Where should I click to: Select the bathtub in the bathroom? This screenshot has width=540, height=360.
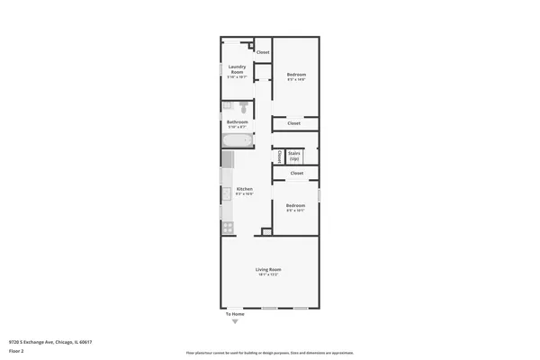pyautogui.click(x=238, y=139)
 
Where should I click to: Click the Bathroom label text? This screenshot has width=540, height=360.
pyautogui.click(x=238, y=121)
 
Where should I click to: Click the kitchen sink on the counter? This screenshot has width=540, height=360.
pyautogui.click(x=227, y=192)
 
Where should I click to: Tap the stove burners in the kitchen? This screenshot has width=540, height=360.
pyautogui.click(x=228, y=227)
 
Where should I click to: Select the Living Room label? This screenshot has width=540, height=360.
pyautogui.click(x=269, y=269)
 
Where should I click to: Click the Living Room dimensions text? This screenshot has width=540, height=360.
pyautogui.click(x=269, y=274)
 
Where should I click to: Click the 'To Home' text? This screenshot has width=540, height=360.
pyautogui.click(x=234, y=313)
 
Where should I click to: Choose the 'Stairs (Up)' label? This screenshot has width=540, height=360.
pyautogui.click(x=294, y=156)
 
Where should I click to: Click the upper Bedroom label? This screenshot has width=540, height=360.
pyautogui.click(x=297, y=74)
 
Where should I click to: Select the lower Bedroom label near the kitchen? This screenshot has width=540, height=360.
pyautogui.click(x=296, y=205)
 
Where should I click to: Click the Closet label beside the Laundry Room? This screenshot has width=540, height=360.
pyautogui.click(x=263, y=52)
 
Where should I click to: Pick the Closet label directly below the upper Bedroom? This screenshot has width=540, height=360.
pyautogui.click(x=294, y=123)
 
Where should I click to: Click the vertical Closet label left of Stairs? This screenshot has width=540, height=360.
pyautogui.click(x=280, y=157)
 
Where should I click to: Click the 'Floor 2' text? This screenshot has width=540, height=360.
pyautogui.click(x=15, y=349)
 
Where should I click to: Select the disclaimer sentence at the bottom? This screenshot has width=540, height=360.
pyautogui.click(x=269, y=354)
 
